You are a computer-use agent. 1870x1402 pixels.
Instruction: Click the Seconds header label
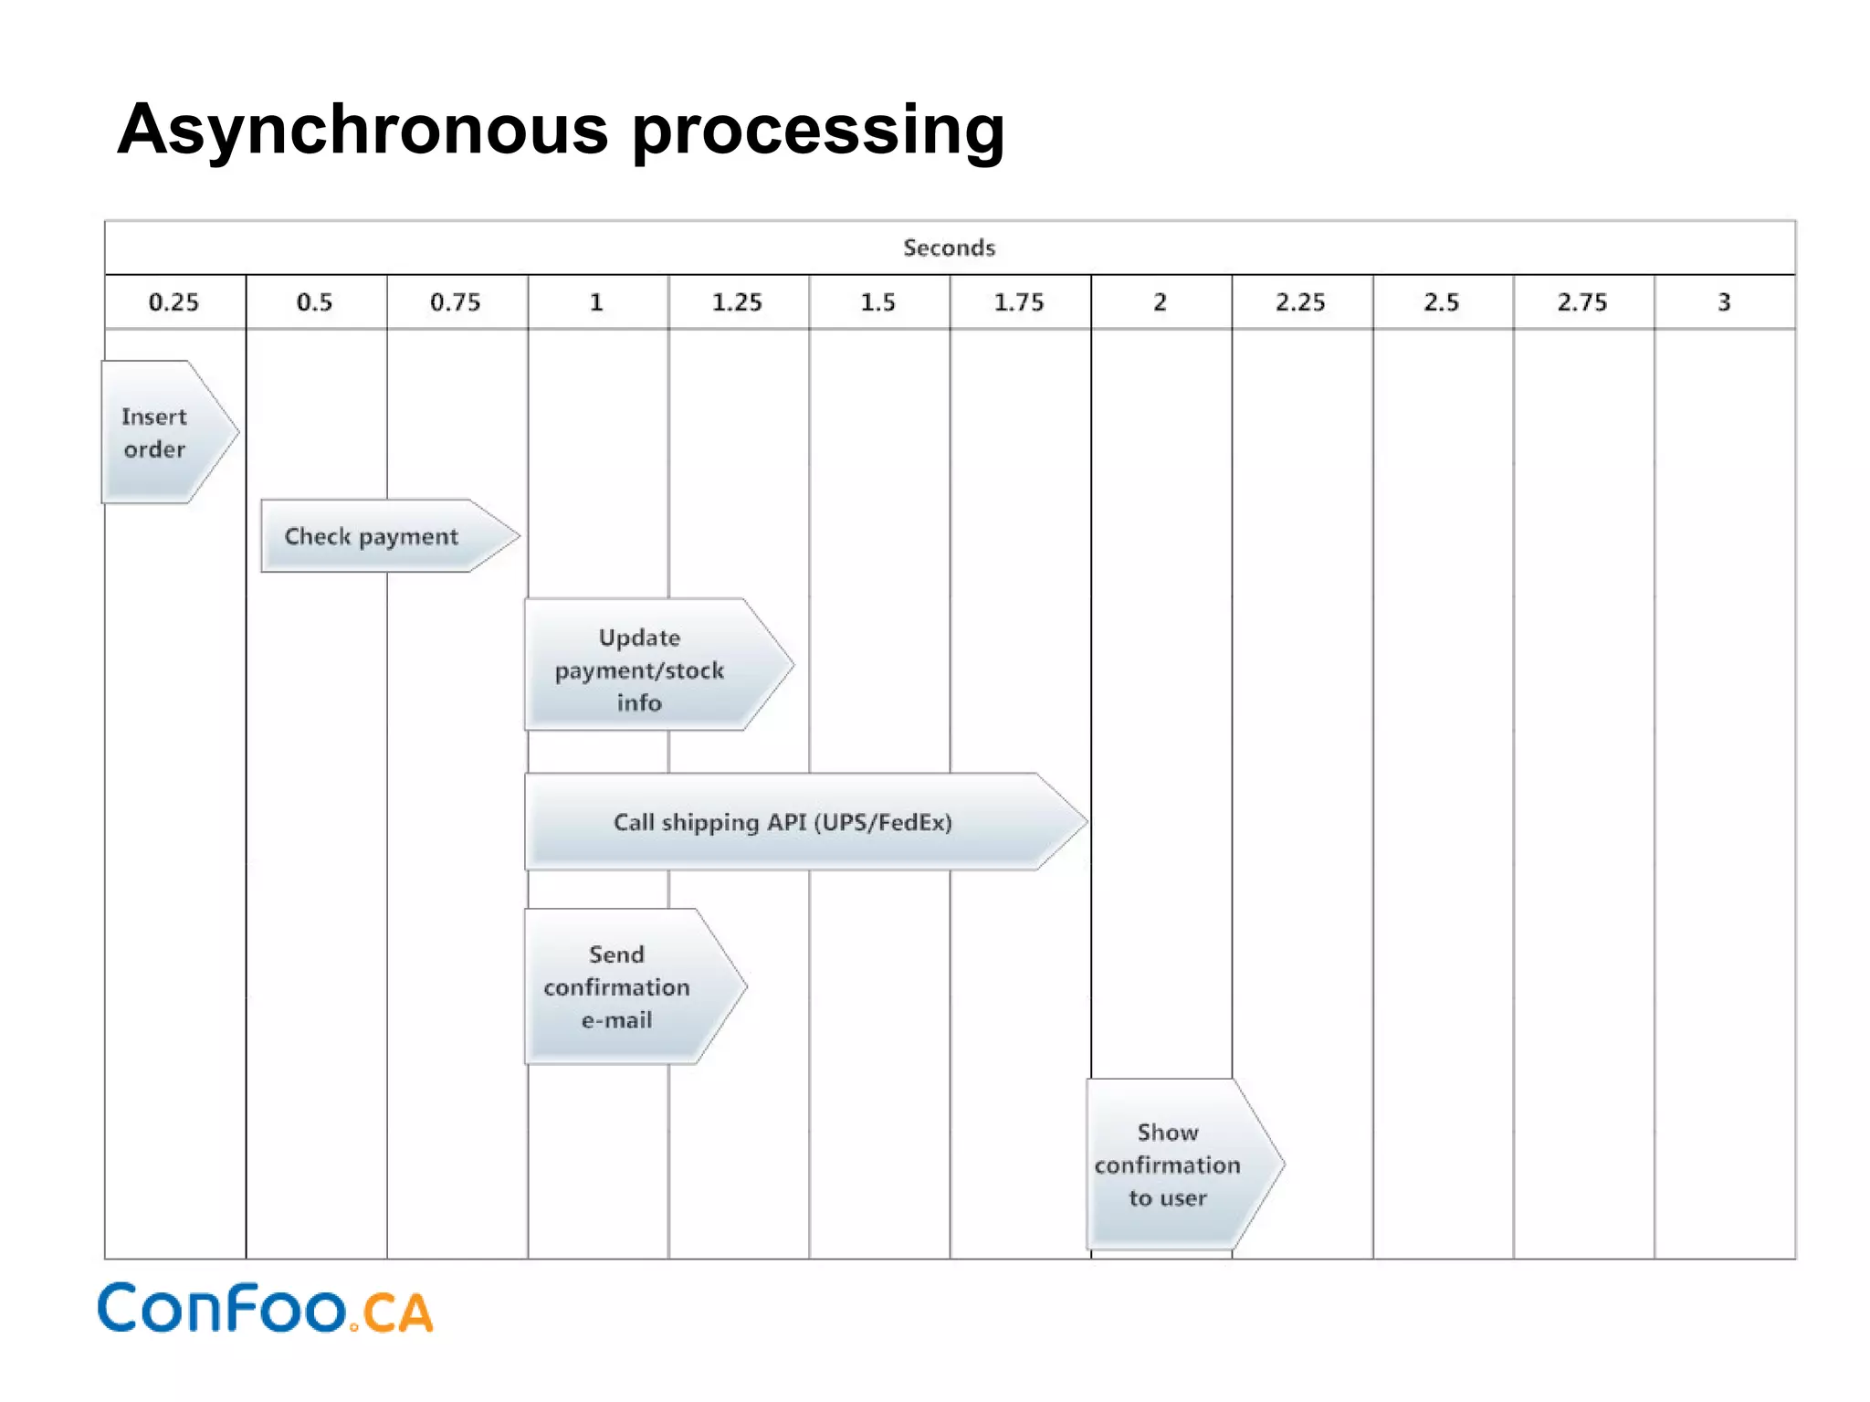949,248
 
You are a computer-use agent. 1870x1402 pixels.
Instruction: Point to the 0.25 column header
174,302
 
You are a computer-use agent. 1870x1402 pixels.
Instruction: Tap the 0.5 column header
315,302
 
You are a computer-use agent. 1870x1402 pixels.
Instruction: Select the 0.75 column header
456,302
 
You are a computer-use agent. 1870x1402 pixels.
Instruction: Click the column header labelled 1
596,302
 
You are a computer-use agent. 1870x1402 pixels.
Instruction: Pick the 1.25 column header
737,302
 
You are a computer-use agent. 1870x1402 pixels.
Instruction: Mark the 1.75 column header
1019,302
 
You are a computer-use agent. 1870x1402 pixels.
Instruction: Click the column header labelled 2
1160,302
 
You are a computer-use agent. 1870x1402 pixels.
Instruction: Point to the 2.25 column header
1300,302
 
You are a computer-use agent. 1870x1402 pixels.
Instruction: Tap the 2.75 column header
1582,302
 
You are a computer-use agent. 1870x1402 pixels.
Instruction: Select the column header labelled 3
1724,302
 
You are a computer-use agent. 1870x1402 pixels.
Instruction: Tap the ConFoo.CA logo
265,1308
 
